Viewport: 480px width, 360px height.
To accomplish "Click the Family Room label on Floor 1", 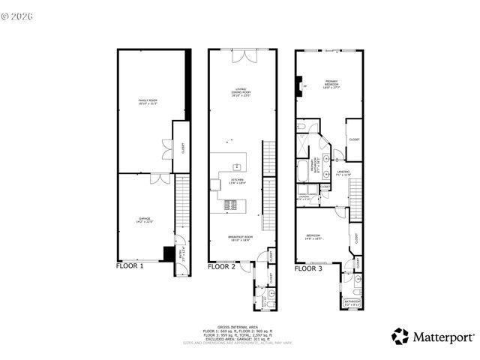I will [x=147, y=101].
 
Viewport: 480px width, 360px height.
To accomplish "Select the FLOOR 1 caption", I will [x=133, y=265].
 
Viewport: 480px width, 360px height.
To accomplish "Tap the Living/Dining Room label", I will [x=240, y=94].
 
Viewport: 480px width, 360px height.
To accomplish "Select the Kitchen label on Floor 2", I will [x=237, y=181].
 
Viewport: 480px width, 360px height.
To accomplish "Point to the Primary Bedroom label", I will [x=330, y=84].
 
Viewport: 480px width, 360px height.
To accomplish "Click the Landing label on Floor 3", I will [x=343, y=173].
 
